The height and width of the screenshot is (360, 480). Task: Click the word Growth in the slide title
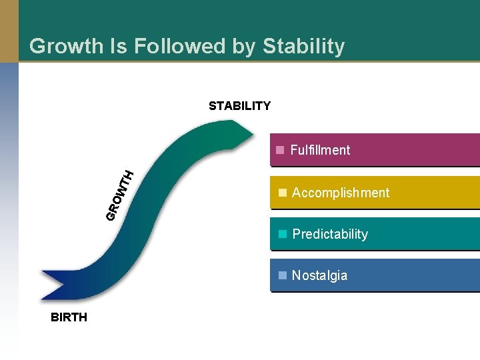point(65,46)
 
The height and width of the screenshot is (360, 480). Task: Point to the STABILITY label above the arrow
point(239,106)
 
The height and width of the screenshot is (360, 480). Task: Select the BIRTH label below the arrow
point(69,317)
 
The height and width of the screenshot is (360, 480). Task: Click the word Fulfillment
point(320,150)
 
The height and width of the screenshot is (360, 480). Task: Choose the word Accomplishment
point(341,193)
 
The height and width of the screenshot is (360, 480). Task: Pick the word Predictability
point(330,234)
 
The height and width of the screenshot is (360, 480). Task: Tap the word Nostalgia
point(319,275)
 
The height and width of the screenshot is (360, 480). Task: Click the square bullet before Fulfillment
point(281,149)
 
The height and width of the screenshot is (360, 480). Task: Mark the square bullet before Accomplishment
point(283,192)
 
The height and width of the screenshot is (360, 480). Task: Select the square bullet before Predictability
point(283,233)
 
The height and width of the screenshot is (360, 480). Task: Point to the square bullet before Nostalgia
point(283,275)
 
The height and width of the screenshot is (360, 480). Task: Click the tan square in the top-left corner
point(9,31)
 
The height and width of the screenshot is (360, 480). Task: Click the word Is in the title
point(117,46)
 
